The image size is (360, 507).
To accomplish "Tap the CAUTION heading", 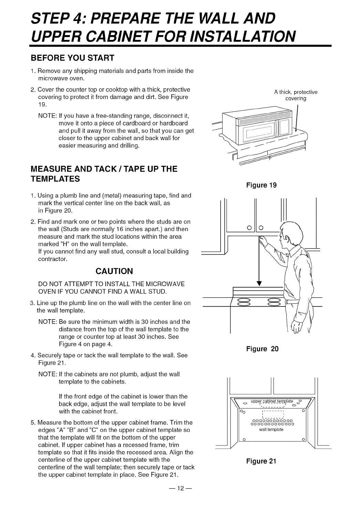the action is point(114,271).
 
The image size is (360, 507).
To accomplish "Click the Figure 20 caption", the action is point(262,349).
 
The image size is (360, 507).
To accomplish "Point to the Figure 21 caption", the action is point(262,461).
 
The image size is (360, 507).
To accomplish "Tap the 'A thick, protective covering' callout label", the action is point(296,95).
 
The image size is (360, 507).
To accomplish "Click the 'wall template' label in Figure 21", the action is point(272,430).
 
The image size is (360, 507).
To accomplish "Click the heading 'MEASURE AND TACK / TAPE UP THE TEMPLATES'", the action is point(104,174).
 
